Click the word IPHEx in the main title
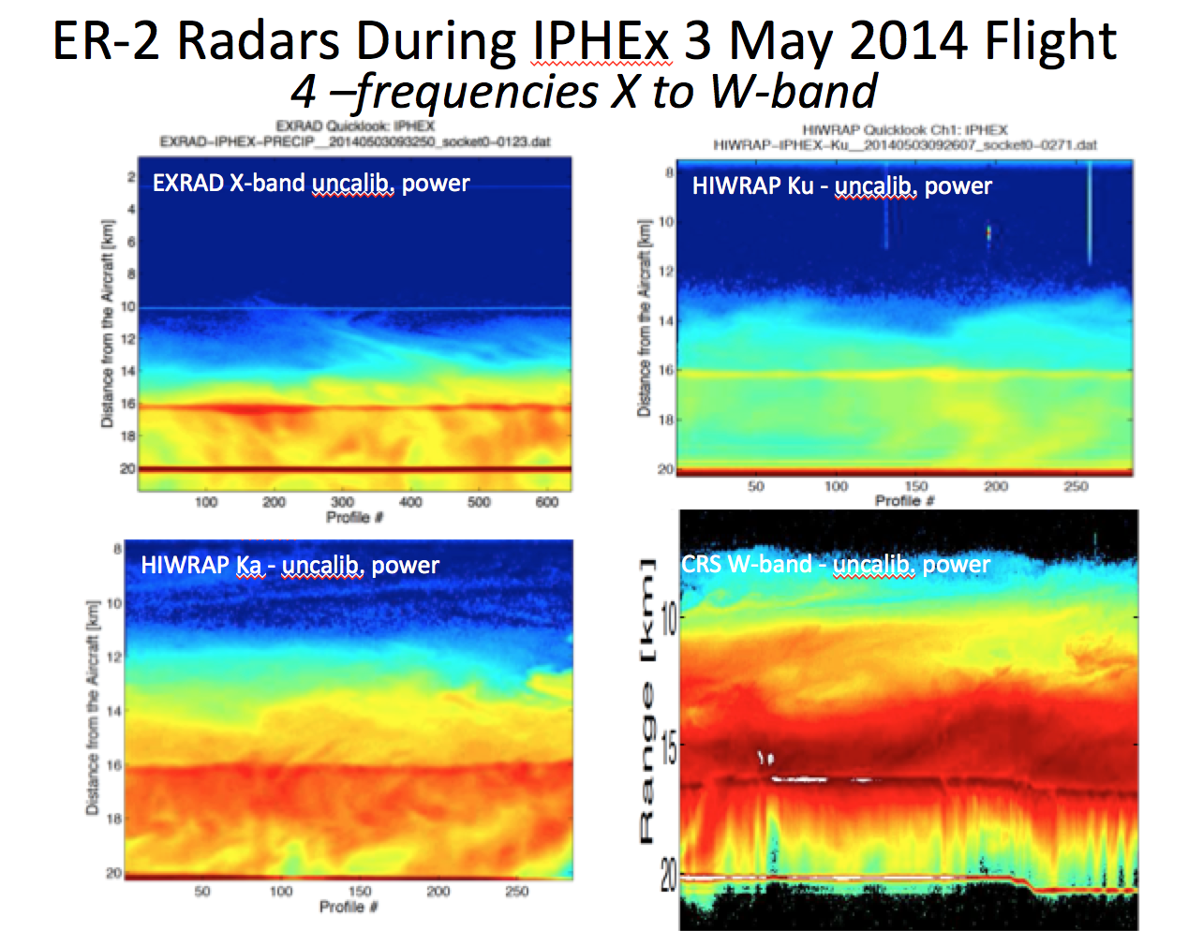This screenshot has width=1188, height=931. pos(601,41)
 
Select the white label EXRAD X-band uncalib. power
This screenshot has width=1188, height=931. pos(311,183)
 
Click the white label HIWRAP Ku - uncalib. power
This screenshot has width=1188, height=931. pos(841,185)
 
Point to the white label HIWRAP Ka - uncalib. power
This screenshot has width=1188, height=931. pos(290,565)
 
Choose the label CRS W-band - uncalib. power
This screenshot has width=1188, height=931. pos(835,564)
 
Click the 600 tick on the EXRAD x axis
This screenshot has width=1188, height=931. pos(547,502)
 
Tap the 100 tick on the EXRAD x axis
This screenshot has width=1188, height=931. pos(206,502)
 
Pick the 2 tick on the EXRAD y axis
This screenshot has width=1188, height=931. pos(131,177)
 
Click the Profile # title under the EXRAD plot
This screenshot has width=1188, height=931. pos(354,517)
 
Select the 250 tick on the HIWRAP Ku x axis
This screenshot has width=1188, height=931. pos(1076,486)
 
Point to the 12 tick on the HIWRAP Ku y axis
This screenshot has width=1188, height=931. pos(666,272)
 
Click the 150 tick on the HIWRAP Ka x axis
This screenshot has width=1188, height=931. pos(360,891)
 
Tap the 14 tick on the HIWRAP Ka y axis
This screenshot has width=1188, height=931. pos(114,711)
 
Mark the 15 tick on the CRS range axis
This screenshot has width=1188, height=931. pos(668,749)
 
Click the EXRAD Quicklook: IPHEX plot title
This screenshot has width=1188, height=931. pos(355,126)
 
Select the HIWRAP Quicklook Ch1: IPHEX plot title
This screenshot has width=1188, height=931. pos(905,130)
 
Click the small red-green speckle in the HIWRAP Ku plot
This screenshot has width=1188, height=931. pos(988,231)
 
